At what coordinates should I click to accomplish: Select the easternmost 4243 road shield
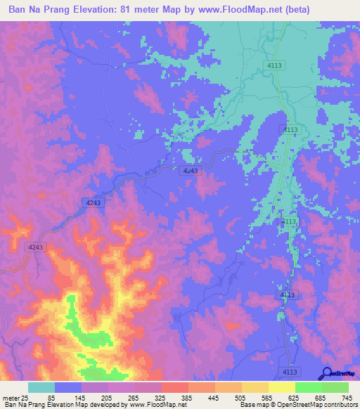[190, 171]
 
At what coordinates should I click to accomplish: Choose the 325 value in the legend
[160, 397]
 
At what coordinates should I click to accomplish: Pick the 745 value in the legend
[347, 397]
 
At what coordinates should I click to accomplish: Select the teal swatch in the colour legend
[41, 387]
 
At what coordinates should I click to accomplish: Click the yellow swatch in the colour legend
[281, 387]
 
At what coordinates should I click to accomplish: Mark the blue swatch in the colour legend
[68, 387]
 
